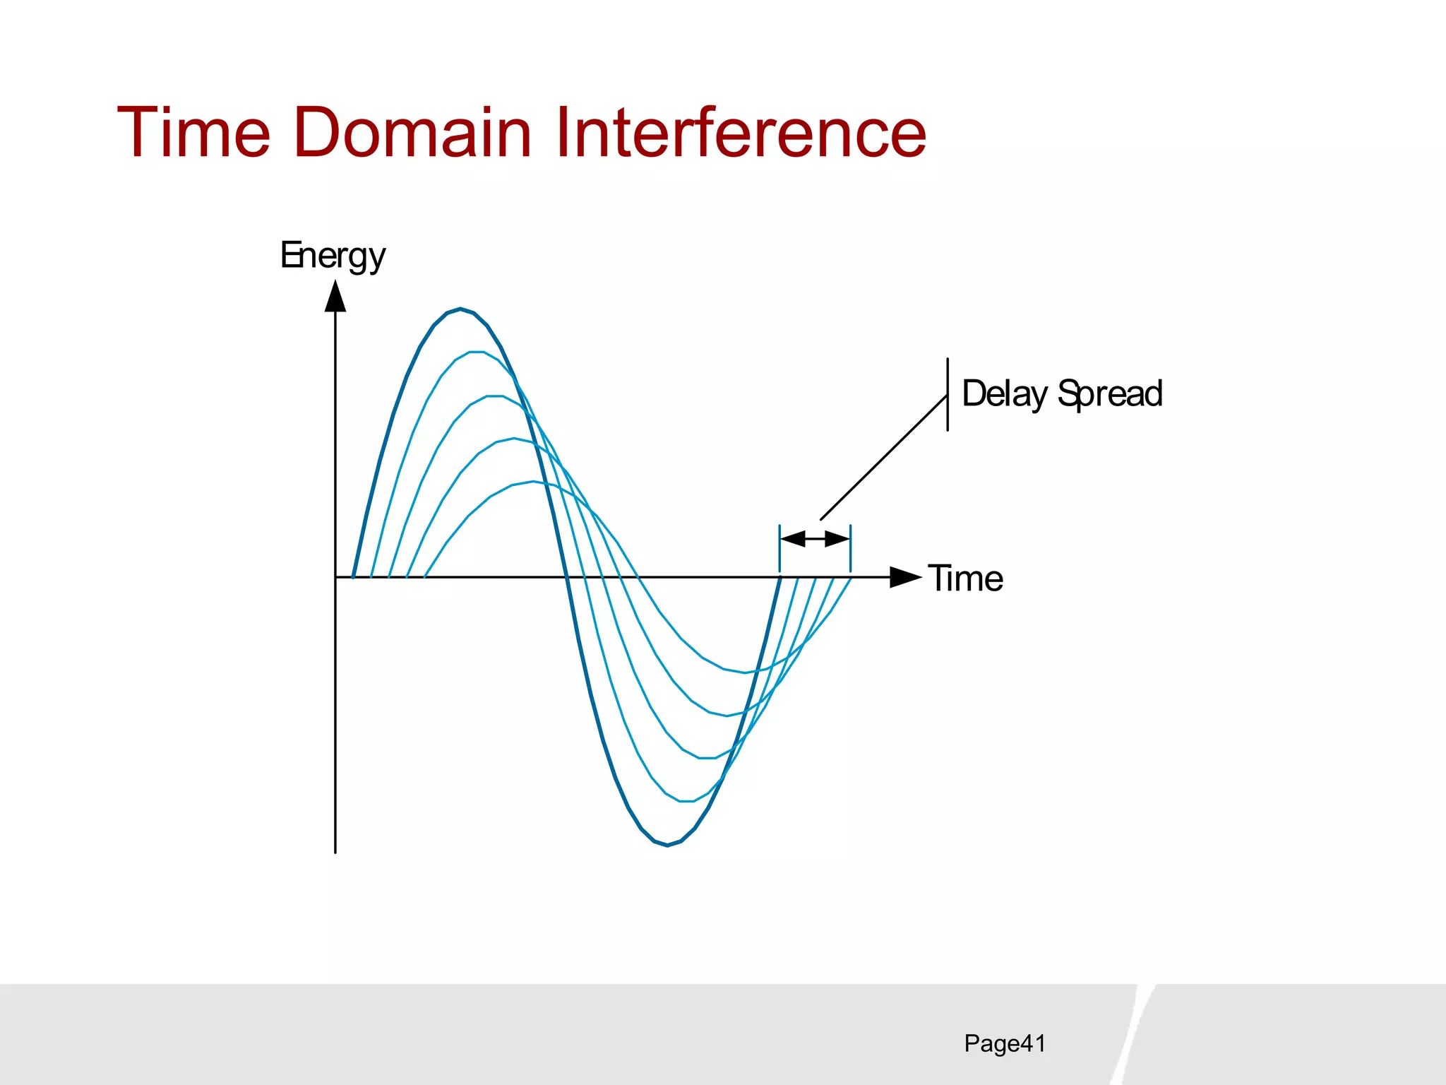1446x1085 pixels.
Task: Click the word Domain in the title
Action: pos(412,132)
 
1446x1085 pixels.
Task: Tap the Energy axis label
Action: pos(333,256)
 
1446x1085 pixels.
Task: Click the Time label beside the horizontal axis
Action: pos(965,579)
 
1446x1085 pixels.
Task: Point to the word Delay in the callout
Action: pos(1004,394)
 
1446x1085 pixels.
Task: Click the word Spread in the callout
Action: pos(1110,394)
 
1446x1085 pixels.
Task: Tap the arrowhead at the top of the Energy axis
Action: pos(335,297)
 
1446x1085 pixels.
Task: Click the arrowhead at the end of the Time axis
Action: pos(905,577)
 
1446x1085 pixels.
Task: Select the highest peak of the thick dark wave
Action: pos(460,309)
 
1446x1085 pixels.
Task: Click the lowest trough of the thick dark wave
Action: pos(667,845)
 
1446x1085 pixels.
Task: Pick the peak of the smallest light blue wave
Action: pos(533,482)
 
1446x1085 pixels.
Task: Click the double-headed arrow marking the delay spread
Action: pos(815,539)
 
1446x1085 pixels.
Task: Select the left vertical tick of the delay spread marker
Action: pos(779,548)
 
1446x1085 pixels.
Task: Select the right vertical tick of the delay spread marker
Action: pos(850,548)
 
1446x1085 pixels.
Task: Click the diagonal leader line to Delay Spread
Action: pos(884,457)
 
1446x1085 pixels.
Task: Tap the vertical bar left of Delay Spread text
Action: pos(948,394)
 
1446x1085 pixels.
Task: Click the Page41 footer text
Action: pos(1004,1043)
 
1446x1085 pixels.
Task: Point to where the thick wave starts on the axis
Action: pos(353,576)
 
